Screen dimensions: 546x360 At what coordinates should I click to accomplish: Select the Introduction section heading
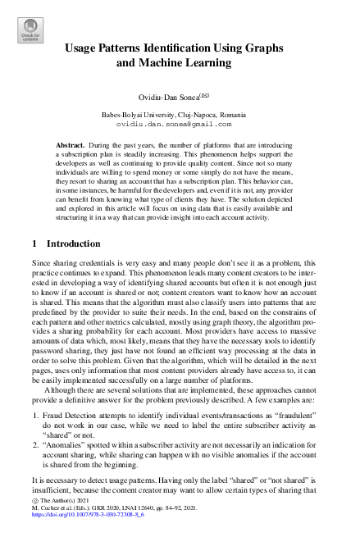pos(75,243)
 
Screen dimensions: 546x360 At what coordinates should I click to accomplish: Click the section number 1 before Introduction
pos(34,243)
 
